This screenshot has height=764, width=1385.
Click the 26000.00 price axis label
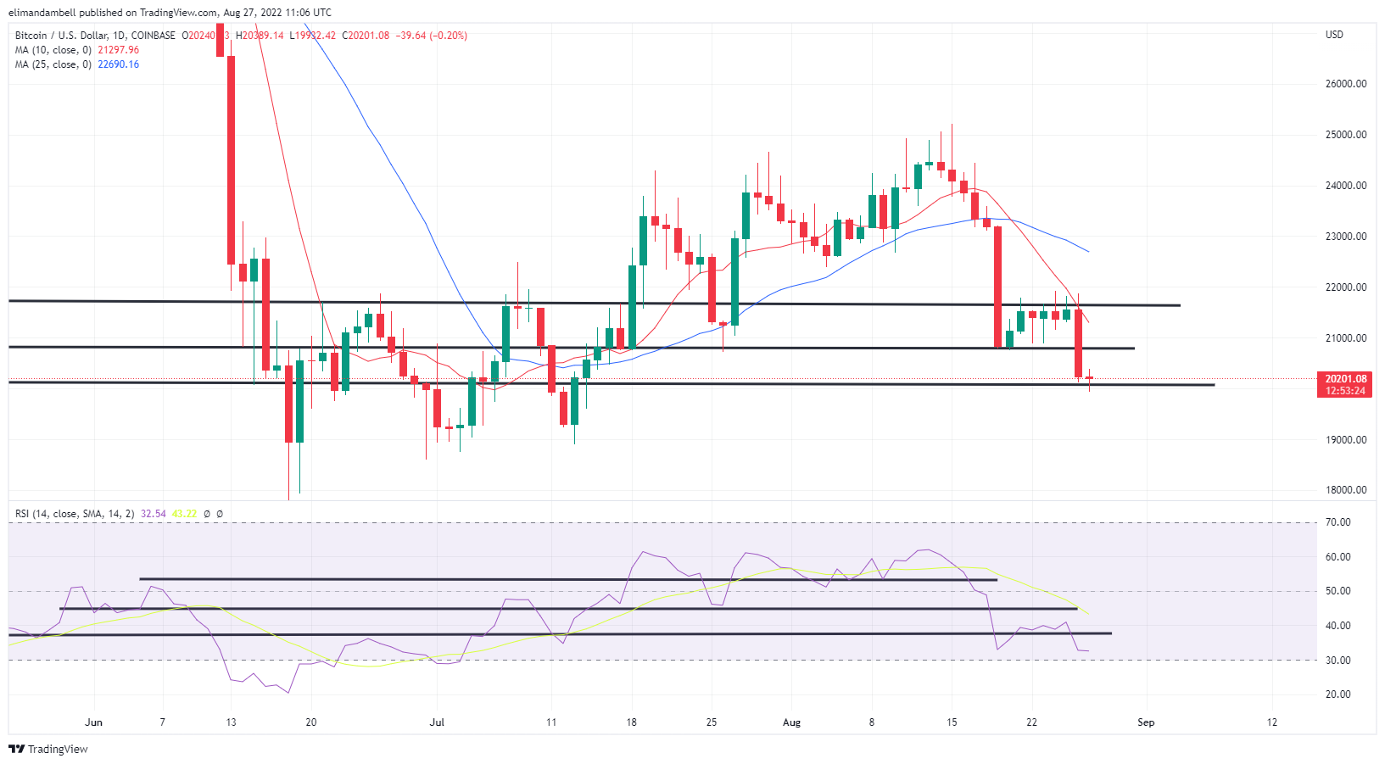click(1346, 84)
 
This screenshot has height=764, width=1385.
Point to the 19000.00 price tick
click(1346, 440)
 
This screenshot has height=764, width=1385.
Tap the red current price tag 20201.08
click(1346, 379)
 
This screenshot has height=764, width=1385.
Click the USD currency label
click(1334, 35)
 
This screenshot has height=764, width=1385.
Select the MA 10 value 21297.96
click(118, 50)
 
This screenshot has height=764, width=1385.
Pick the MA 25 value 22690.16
click(118, 64)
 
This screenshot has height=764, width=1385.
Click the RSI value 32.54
click(154, 514)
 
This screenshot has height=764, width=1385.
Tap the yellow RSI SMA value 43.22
click(184, 514)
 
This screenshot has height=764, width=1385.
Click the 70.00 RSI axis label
click(1338, 522)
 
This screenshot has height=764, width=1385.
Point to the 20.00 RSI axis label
click(1338, 694)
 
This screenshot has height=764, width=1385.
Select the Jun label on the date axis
click(94, 722)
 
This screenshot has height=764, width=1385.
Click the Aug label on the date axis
click(791, 722)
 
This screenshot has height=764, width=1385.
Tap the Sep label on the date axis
click(1146, 722)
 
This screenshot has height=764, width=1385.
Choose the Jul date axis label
click(437, 722)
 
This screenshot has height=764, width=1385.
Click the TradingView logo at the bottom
click(48, 750)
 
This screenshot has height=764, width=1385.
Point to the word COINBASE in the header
click(154, 36)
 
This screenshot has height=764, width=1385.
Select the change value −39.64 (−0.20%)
click(431, 36)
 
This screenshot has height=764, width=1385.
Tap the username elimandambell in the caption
click(42, 13)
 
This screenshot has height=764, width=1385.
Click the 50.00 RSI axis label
click(1338, 591)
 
